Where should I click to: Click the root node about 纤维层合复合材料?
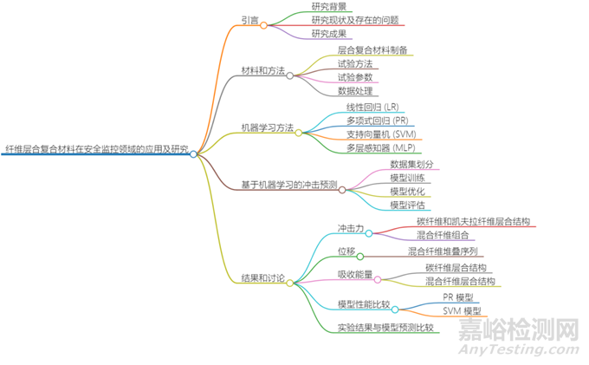click(x=95, y=150)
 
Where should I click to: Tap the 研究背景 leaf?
click(x=329, y=6)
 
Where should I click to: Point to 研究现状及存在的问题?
click(x=355, y=20)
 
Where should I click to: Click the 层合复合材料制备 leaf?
click(x=373, y=50)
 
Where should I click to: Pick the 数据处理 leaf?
click(x=355, y=89)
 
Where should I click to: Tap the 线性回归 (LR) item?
click(x=372, y=107)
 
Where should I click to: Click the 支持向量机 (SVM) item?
click(x=378, y=134)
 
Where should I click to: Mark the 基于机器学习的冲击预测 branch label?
click(x=288, y=185)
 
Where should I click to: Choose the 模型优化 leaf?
click(x=407, y=191)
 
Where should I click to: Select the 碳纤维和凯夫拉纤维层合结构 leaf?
click(x=473, y=222)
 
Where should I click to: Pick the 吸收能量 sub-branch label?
click(x=354, y=275)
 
